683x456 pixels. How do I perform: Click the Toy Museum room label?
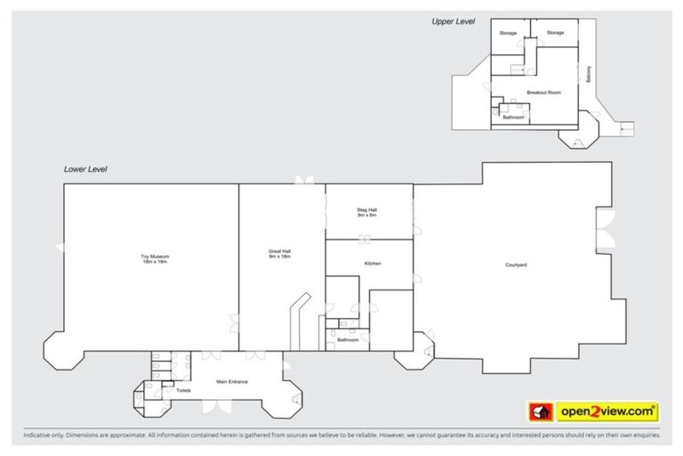[154, 256]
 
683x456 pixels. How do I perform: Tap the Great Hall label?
[280, 251]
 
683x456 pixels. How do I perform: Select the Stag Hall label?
[367, 210]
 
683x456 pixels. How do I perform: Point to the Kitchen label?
[373, 265]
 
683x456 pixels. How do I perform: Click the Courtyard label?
[517, 265]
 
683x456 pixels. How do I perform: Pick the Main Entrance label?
[231, 382]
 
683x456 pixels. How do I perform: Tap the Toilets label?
[183, 390]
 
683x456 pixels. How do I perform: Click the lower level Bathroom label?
[347, 339]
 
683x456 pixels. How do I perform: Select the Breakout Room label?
[542, 93]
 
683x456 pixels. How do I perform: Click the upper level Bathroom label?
[513, 117]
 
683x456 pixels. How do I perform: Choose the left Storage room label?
[508, 33]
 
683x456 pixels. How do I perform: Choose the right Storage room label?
[555, 33]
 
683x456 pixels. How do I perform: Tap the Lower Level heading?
[85, 168]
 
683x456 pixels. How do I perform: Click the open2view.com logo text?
[607, 411]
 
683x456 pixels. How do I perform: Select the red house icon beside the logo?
[539, 411]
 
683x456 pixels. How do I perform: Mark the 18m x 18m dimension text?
[154, 262]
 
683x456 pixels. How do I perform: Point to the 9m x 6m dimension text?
[367, 216]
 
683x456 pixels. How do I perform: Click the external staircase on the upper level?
[626, 129]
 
